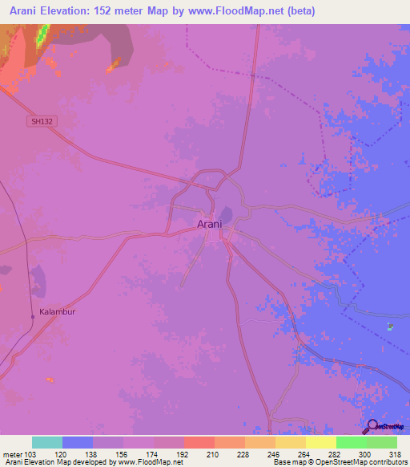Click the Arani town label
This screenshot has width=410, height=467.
(210, 225)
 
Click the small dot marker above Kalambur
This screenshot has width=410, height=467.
(32, 317)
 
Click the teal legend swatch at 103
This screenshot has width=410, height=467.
(47, 442)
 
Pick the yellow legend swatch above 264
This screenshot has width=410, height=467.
(291, 442)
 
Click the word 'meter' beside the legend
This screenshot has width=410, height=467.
(14, 453)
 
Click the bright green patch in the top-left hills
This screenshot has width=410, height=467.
(42, 34)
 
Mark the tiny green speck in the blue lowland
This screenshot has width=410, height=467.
(390, 326)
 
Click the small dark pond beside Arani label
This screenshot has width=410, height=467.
(227, 214)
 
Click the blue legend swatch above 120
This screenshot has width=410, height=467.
(78, 442)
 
